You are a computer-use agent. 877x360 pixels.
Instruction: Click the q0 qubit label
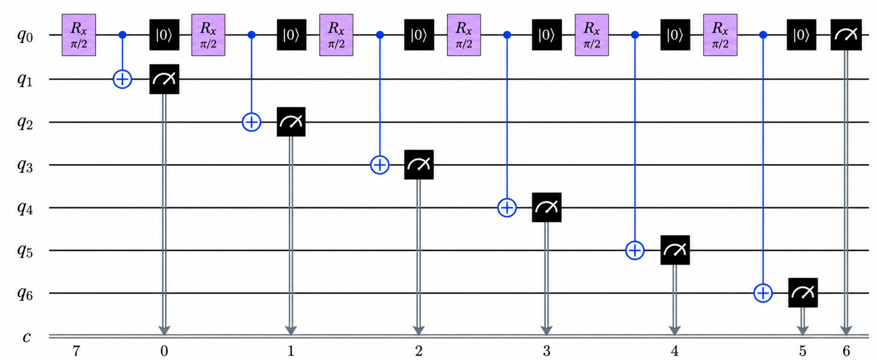click(25, 35)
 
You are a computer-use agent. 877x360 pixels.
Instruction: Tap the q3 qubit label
click(25, 166)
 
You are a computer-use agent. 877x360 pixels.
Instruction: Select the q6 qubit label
click(25, 293)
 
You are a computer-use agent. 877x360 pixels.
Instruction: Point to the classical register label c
click(27, 337)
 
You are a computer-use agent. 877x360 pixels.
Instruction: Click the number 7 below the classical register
click(77, 351)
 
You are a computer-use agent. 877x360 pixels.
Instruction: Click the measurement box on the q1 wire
click(164, 79)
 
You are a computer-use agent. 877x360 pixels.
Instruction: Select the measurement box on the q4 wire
click(547, 207)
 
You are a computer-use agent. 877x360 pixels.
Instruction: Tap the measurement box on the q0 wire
click(846, 35)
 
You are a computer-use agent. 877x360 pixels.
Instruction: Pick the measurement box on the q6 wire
click(803, 292)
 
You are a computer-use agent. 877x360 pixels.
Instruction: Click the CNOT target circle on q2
click(251, 122)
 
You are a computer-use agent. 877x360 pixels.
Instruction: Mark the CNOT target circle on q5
click(635, 250)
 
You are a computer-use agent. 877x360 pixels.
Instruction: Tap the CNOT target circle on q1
click(123, 79)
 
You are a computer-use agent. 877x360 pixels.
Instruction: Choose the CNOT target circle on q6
click(763, 293)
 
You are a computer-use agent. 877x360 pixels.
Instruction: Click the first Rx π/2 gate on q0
click(79, 35)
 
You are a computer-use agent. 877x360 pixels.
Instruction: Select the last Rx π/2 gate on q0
click(720, 35)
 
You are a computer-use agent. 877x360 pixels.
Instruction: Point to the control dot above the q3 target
click(380, 35)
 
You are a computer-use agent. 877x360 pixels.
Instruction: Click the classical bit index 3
click(547, 351)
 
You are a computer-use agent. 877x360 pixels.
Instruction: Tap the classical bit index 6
click(846, 351)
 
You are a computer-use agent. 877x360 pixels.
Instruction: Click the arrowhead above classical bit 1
click(291, 330)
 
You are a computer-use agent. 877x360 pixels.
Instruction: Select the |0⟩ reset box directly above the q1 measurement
click(164, 35)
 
